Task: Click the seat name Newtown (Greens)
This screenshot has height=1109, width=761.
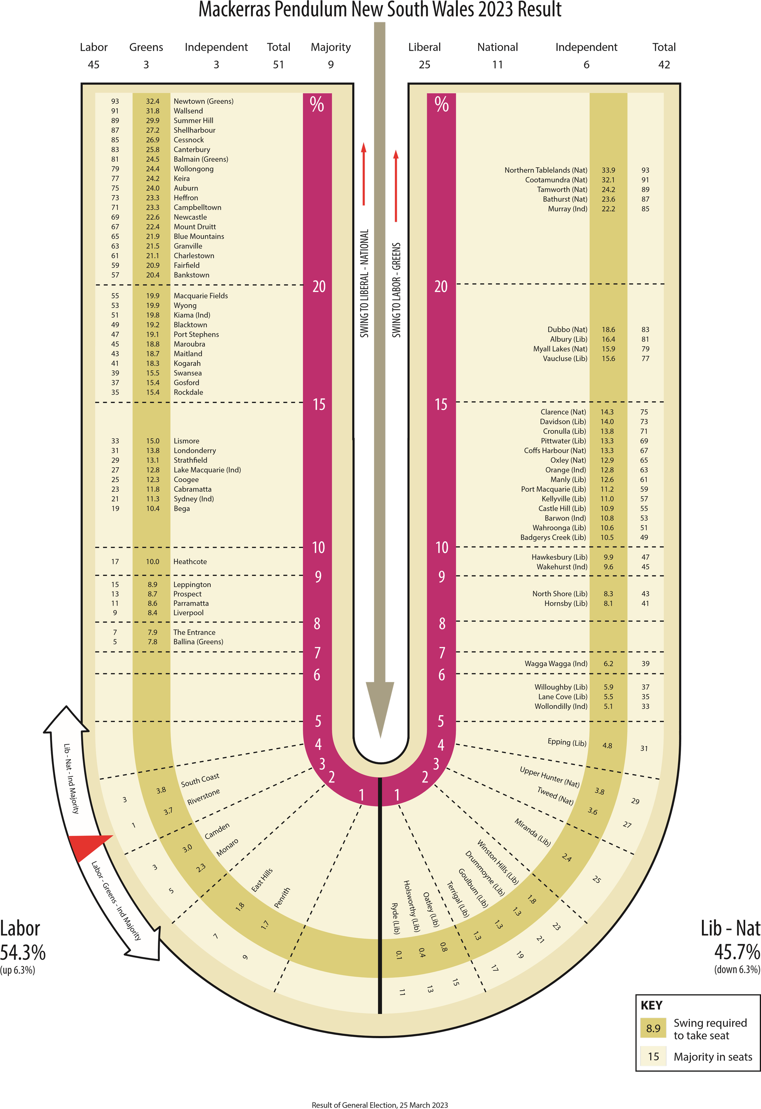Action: (203, 101)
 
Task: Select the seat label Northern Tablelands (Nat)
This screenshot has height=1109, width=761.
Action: (546, 170)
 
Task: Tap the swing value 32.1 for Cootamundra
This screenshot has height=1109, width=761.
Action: (608, 180)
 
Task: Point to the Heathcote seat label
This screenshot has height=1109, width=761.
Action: (190, 562)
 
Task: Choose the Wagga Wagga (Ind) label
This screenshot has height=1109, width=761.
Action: (556, 664)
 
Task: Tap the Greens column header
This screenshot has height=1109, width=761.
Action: (146, 47)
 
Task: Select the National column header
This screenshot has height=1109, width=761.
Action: (497, 47)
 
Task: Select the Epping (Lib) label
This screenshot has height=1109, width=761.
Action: (567, 742)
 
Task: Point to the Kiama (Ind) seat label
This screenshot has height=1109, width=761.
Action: (192, 315)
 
